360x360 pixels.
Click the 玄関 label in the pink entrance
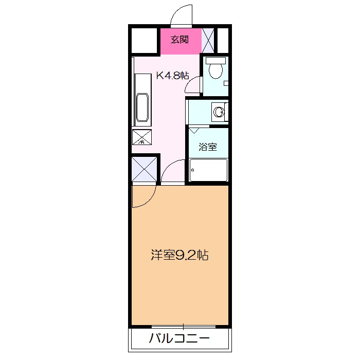[x=179, y=39]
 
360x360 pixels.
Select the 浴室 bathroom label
[x=208, y=147]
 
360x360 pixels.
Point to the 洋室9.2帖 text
[x=179, y=255]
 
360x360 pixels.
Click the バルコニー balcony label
[x=179, y=339]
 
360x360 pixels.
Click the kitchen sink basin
[x=142, y=109]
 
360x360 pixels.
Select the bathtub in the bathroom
[x=208, y=170]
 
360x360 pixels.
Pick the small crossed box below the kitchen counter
[x=142, y=137]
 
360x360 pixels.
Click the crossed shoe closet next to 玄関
[x=208, y=39]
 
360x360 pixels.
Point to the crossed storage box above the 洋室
[x=144, y=169]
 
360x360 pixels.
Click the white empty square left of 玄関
[x=144, y=39]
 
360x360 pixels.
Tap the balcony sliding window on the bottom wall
[x=184, y=326]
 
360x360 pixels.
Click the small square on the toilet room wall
[x=226, y=83]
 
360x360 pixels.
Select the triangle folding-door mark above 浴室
[x=193, y=131]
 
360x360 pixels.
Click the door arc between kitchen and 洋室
[x=173, y=171]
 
